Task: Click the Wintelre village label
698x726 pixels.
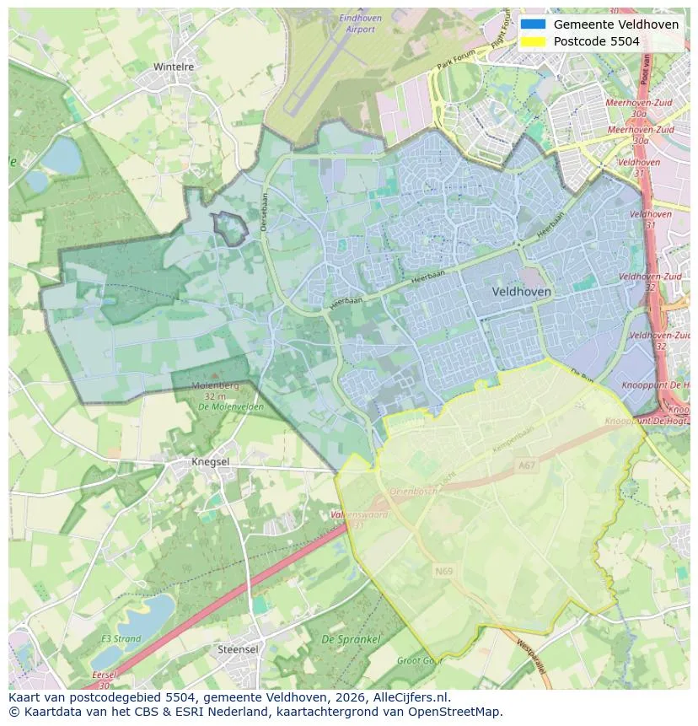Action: [x=174, y=66]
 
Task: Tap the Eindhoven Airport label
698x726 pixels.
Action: [x=360, y=24]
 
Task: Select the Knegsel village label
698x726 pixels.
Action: [x=210, y=462]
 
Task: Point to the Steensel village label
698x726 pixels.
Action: [x=238, y=649]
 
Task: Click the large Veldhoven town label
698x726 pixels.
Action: [x=521, y=292]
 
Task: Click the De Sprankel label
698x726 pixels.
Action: [x=351, y=640]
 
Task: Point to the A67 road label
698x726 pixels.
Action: [x=527, y=465]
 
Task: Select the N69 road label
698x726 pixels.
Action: [x=443, y=571]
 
